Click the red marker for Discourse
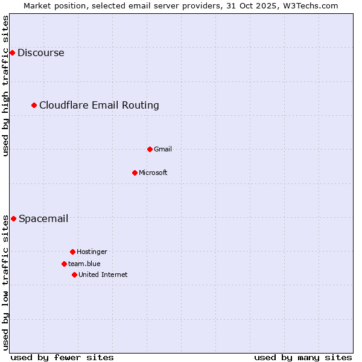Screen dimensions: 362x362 12,53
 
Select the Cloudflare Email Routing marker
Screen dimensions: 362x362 34,106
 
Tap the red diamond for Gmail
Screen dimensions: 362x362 150,149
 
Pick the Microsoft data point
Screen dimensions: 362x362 135,173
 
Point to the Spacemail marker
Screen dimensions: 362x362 13,218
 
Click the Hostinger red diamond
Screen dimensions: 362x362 72,252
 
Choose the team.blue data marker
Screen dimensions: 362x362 64,264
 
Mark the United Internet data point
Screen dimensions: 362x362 74,275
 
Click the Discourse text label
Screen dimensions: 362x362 41,53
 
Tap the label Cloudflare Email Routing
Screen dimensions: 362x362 99,106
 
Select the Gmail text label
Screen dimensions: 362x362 163,149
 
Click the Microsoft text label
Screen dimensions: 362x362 153,173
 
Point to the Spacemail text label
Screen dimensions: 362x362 43,218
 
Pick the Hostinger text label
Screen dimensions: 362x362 92,252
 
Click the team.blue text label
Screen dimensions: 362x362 84,264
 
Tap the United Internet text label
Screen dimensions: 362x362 103,275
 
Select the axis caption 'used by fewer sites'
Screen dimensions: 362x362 62,357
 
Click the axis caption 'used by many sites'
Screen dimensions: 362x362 303,357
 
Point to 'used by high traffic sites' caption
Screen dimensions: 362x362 5,86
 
